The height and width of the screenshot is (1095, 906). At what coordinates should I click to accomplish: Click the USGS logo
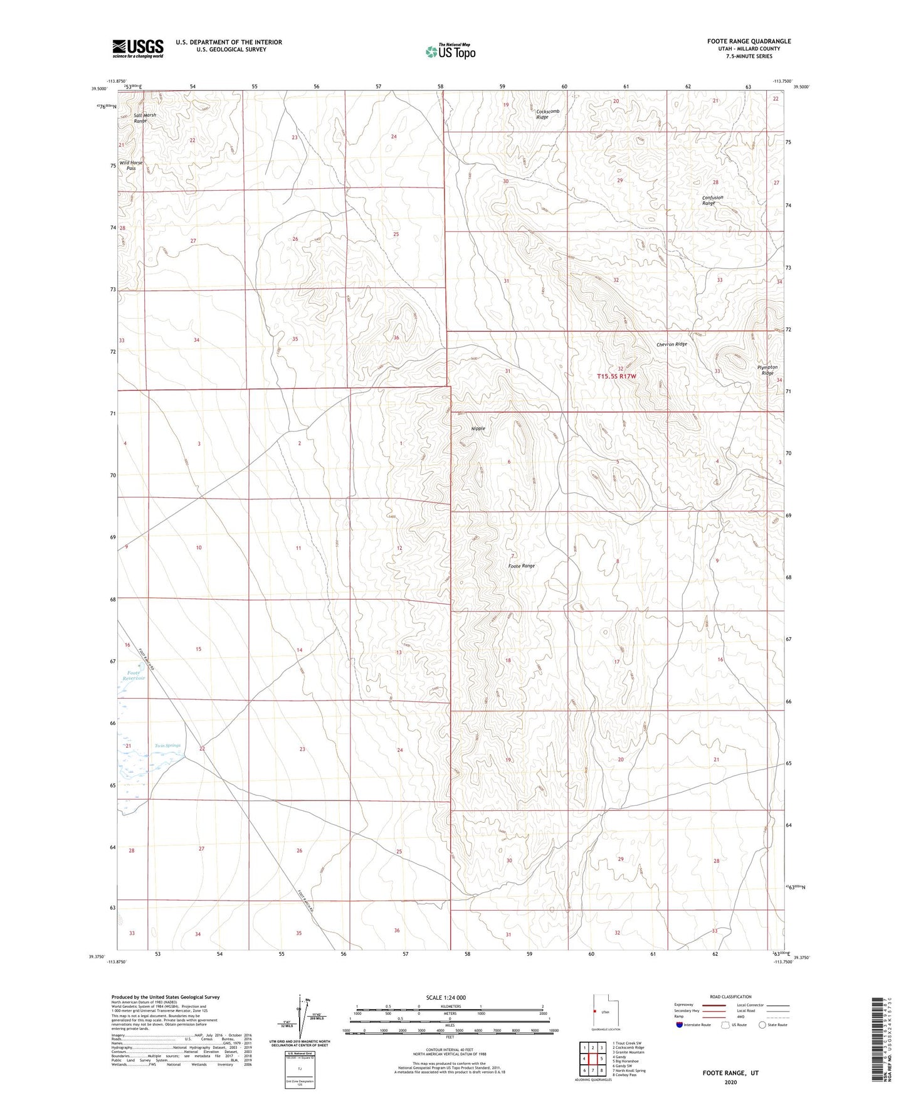(x=138, y=48)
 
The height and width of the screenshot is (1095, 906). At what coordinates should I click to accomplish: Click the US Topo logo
(x=450, y=51)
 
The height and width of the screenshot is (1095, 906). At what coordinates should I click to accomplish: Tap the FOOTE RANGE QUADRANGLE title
(x=749, y=41)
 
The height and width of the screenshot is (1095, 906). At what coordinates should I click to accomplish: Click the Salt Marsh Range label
(x=140, y=118)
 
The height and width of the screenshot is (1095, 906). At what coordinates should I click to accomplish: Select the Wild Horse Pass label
(x=131, y=166)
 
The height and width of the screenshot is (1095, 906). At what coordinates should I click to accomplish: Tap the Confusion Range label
(x=712, y=201)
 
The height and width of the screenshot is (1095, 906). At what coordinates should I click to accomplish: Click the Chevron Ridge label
(x=672, y=344)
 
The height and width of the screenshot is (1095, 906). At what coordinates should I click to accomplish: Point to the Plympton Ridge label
(x=767, y=370)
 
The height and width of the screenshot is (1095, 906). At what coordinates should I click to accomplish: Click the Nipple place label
(x=478, y=428)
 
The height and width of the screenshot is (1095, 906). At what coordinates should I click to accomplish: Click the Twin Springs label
(x=167, y=746)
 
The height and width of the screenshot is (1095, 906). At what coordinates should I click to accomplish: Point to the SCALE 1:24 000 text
(x=445, y=997)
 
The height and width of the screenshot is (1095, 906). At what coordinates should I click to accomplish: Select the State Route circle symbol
(x=762, y=1025)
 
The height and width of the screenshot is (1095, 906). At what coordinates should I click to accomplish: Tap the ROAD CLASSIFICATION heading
(x=730, y=997)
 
